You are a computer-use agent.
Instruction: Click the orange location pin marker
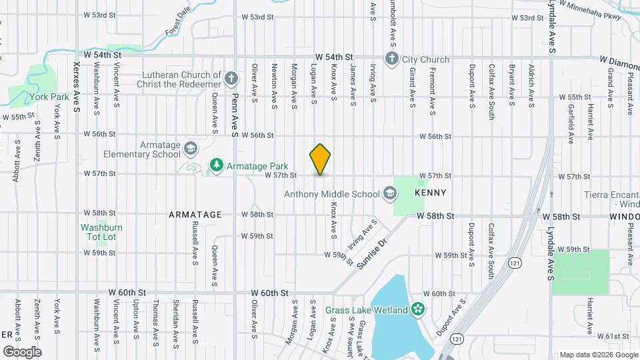point(321,159)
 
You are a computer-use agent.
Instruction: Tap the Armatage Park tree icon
point(216,164)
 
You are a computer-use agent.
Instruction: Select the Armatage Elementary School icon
point(190,148)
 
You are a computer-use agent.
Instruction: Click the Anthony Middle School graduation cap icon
point(388,194)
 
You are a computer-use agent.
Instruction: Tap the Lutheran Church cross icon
point(231,79)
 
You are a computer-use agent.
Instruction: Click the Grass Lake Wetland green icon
point(418,309)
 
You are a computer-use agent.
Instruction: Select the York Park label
point(45,96)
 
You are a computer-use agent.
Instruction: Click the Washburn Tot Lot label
point(102,232)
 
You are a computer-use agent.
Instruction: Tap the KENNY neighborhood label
point(429,193)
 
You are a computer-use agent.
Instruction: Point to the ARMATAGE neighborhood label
point(195,215)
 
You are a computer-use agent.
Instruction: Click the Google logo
point(22,351)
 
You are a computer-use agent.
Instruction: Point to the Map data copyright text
point(598,354)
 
